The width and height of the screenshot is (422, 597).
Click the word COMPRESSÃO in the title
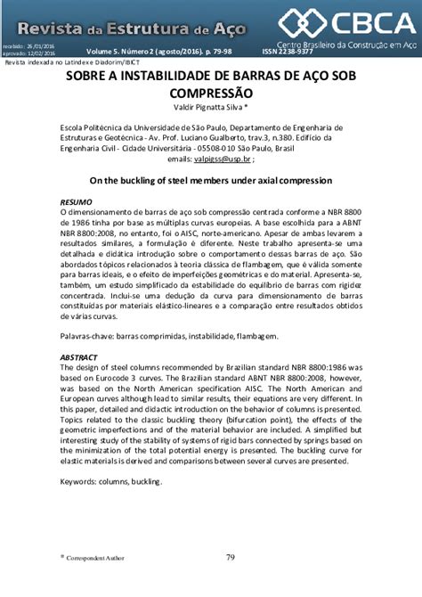[211, 93]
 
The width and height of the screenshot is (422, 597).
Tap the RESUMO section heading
[75, 202]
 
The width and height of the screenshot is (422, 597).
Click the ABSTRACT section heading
[78, 356]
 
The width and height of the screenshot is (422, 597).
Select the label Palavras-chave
[88, 336]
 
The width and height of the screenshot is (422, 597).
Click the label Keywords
[83, 480]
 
